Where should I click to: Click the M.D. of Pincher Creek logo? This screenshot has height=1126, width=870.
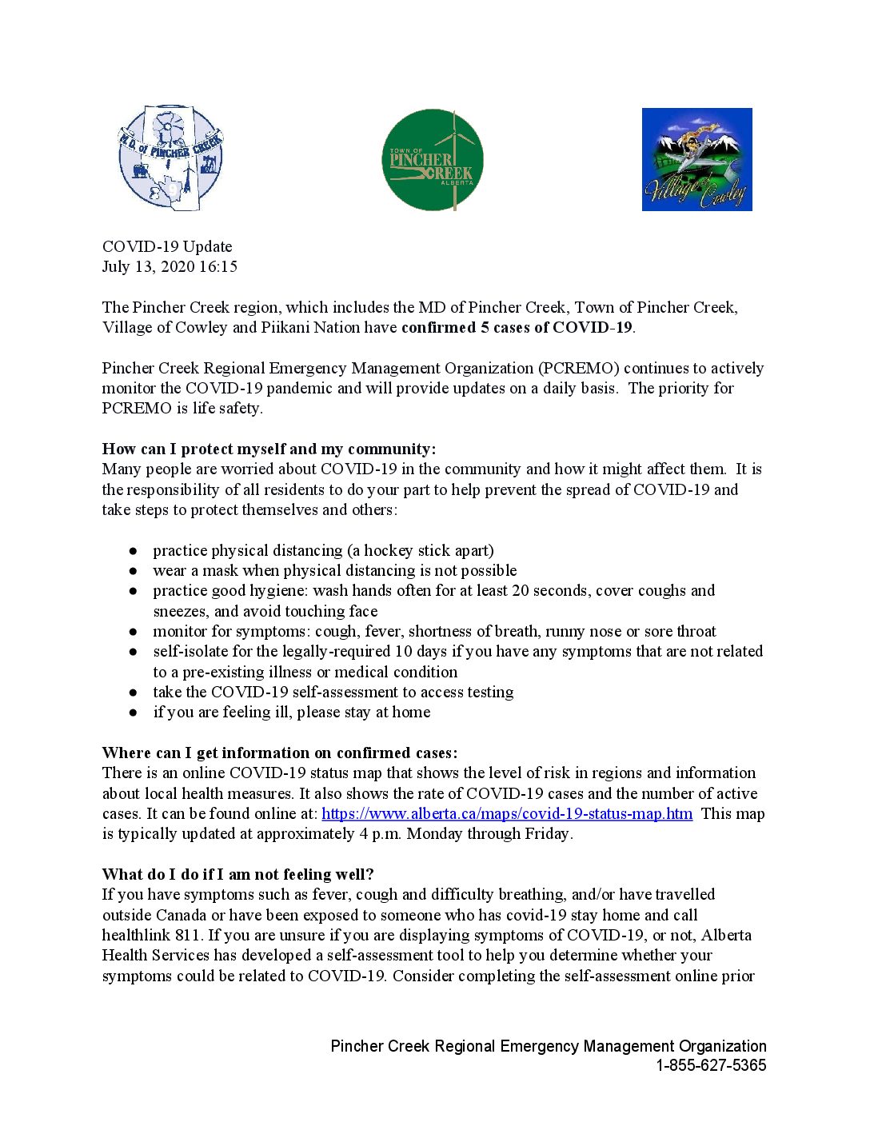pyautogui.click(x=170, y=158)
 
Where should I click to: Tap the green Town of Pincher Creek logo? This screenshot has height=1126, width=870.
pyautogui.click(x=433, y=160)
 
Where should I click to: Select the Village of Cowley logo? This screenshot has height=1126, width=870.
pyautogui.click(x=696, y=159)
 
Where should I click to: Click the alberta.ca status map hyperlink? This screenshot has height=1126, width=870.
pyautogui.click(x=507, y=813)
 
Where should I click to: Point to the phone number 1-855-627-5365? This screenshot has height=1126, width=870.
pyautogui.click(x=711, y=1065)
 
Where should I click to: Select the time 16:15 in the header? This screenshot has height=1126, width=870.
pyautogui.click(x=218, y=266)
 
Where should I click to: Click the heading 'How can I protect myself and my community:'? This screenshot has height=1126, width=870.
pyautogui.click(x=269, y=449)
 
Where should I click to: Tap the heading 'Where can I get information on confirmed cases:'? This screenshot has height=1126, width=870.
pyautogui.click(x=280, y=753)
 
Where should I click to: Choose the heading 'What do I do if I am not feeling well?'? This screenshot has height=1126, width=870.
pyautogui.click(x=238, y=874)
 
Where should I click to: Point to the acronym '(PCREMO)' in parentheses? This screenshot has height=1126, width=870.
pyautogui.click(x=579, y=368)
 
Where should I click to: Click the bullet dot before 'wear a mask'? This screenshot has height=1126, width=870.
pyautogui.click(x=134, y=571)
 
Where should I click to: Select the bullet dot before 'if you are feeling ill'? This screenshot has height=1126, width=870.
pyautogui.click(x=134, y=713)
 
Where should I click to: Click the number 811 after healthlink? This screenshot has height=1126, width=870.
pyautogui.click(x=187, y=935)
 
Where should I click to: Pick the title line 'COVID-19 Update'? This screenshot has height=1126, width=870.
pyautogui.click(x=167, y=246)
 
